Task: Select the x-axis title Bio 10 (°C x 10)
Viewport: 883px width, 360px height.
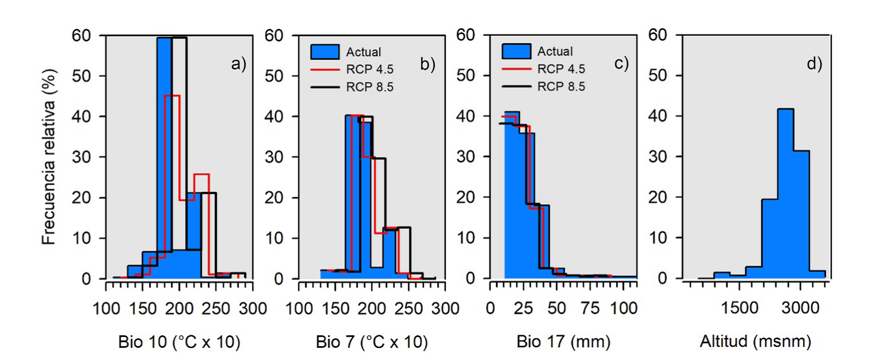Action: click(179, 343)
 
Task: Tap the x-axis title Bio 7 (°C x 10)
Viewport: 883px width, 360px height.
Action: click(372, 343)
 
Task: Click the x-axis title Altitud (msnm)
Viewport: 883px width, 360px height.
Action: click(755, 343)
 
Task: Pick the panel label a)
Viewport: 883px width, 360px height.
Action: click(238, 64)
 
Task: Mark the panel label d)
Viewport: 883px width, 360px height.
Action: click(814, 64)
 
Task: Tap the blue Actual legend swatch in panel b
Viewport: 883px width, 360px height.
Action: click(325, 52)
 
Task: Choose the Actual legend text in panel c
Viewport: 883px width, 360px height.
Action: click(556, 52)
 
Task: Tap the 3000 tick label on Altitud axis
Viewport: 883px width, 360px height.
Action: click(800, 308)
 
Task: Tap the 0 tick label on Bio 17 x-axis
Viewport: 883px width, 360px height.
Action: click(490, 308)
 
